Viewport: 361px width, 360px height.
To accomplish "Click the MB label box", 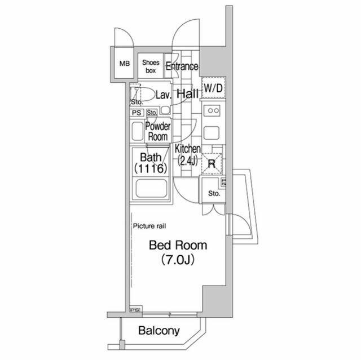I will [x=124, y=63].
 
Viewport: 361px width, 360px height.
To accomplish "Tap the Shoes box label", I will [x=151, y=66].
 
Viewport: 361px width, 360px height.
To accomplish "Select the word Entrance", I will [x=182, y=66].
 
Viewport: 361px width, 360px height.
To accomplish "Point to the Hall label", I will [x=187, y=94].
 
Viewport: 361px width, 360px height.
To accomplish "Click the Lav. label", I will [x=164, y=95].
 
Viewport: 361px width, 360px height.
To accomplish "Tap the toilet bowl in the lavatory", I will [x=147, y=95].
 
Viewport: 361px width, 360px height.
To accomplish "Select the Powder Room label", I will [x=157, y=131].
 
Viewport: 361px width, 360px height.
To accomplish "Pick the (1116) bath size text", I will [x=151, y=168].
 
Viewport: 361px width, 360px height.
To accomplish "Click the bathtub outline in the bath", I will [x=151, y=190].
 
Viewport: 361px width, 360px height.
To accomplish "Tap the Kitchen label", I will [x=187, y=149].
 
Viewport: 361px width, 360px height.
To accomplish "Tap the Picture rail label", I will [x=149, y=226].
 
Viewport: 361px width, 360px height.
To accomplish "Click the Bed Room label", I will [x=178, y=246].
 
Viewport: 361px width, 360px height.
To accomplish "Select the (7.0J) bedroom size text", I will [x=178, y=260].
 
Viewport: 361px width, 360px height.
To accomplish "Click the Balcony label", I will [x=159, y=331].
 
